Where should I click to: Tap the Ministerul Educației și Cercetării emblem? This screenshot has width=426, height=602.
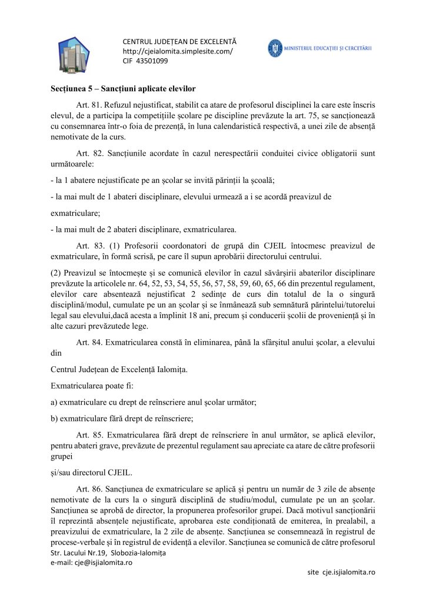(x=275, y=48)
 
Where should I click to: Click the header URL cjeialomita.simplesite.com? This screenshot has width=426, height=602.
(x=177, y=51)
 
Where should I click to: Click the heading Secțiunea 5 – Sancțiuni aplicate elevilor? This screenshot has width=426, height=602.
(x=122, y=89)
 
